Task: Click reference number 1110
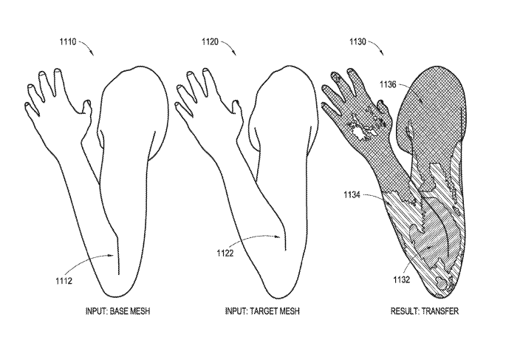tap(68, 42)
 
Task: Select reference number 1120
tap(210, 42)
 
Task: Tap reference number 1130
tap(358, 42)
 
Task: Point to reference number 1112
tap(64, 281)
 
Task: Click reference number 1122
tap(225, 253)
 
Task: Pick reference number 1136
tap(388, 84)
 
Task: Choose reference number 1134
tap(352, 194)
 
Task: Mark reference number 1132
tap(401, 279)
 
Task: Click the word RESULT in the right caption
tap(405, 311)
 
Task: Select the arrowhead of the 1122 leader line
tap(278, 237)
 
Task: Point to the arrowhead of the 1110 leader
tap(92, 53)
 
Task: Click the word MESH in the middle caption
tap(290, 311)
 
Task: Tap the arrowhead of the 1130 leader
tap(382, 53)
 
